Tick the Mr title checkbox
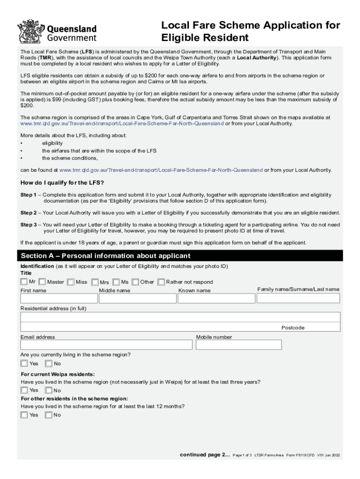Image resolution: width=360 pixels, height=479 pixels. pyautogui.click(x=24, y=282)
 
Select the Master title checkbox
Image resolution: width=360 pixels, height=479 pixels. pyautogui.click(x=42, y=282)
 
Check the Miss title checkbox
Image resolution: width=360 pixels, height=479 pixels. pyautogui.click(x=71, y=282)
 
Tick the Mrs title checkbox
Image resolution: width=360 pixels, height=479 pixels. pyautogui.click(x=95, y=282)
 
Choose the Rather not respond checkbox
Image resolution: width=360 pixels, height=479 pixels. pyautogui.click(x=161, y=282)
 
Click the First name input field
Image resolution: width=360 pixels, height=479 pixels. pyautogui.click(x=58, y=298)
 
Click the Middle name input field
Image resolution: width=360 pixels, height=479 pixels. pyautogui.click(x=137, y=298)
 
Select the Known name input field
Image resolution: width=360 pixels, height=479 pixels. pyautogui.click(x=216, y=298)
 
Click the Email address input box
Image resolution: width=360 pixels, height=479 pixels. pyautogui.click(x=106, y=345)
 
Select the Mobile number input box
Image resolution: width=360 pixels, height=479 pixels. pyautogui.click(x=239, y=345)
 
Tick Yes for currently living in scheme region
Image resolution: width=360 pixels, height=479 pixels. pyautogui.click(x=24, y=363)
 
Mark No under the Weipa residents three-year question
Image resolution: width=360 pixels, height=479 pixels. pyautogui.click(x=48, y=390)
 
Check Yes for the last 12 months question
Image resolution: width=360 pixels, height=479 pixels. pyautogui.click(x=24, y=415)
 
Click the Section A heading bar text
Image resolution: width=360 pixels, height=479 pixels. pyautogui.click(x=106, y=256)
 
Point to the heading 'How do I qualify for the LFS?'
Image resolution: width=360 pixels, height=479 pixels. pyautogui.click(x=62, y=182)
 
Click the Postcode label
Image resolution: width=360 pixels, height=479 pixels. pyautogui.click(x=293, y=328)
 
